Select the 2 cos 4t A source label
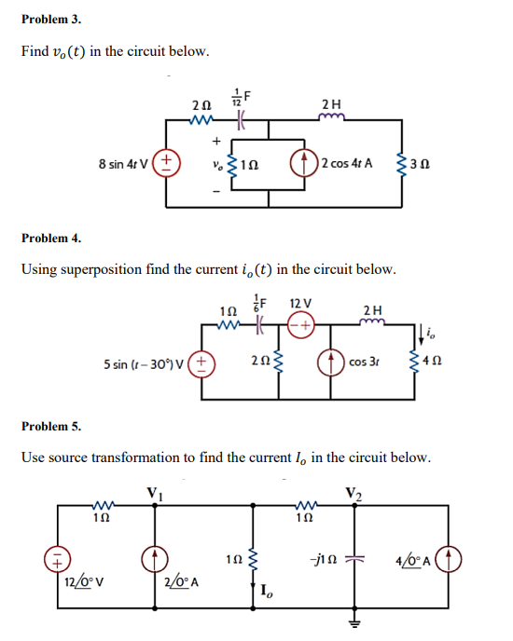pos(346,162)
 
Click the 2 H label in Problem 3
pos(330,103)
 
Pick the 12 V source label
pos(300,304)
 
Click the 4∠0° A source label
pos(420,561)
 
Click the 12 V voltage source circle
pos(301,327)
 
